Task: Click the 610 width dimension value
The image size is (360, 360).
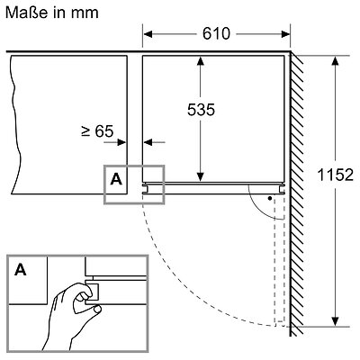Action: point(216,33)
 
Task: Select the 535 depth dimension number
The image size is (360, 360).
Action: point(201,110)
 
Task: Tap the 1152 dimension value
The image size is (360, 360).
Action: point(336,175)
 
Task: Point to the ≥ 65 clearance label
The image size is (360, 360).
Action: point(97,131)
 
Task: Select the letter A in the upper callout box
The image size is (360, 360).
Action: point(116,179)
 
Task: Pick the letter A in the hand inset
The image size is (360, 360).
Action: point(21,270)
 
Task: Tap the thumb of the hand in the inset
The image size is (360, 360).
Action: point(97,309)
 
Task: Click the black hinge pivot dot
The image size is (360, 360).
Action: point(270,198)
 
